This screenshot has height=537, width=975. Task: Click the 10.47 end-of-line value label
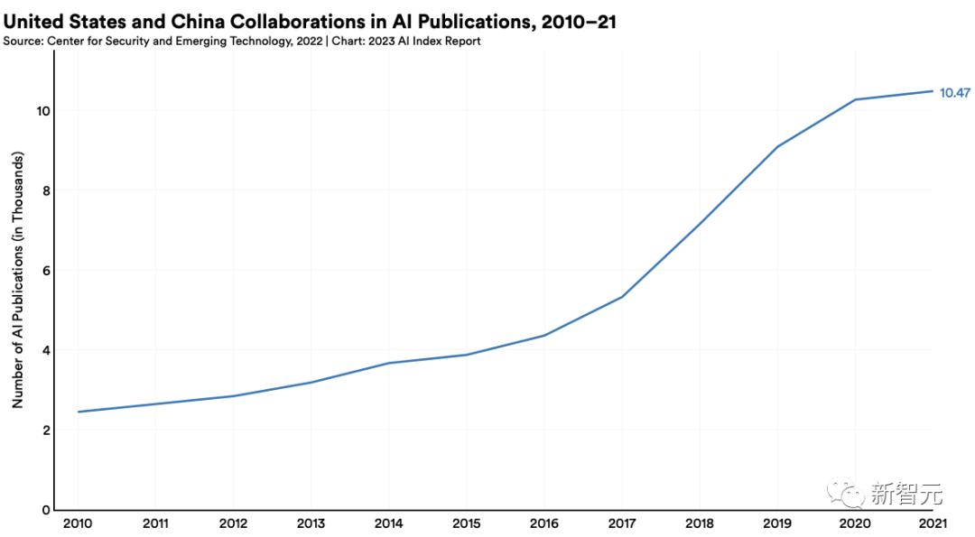coord(954,92)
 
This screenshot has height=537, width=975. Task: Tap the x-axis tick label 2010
coord(78,524)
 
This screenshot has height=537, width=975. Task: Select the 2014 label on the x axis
coord(388,524)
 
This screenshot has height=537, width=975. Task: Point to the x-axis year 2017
coord(622,524)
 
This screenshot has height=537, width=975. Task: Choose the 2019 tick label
coord(777,524)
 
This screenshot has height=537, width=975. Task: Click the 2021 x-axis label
coord(933,524)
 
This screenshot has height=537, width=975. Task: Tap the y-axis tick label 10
coord(42,111)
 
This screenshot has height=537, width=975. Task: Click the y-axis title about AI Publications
coord(17,280)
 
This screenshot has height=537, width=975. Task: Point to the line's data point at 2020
coord(855,99)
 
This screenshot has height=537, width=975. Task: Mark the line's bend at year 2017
coord(622,297)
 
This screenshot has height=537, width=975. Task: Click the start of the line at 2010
coord(79,412)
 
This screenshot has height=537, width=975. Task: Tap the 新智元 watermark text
coord(906,494)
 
